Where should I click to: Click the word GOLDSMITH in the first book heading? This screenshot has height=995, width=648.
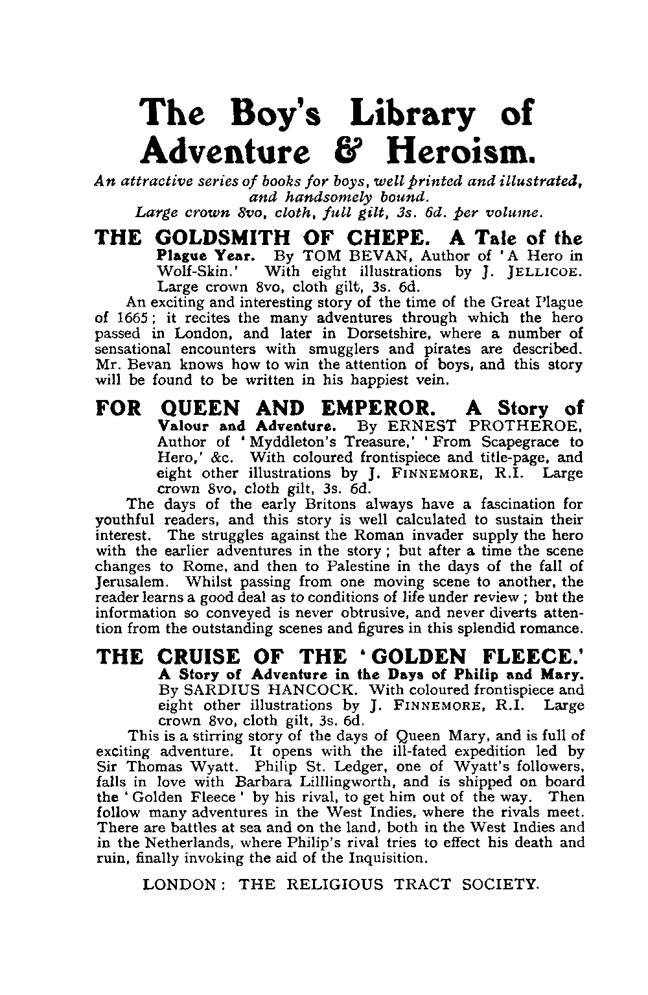coord(231,238)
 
